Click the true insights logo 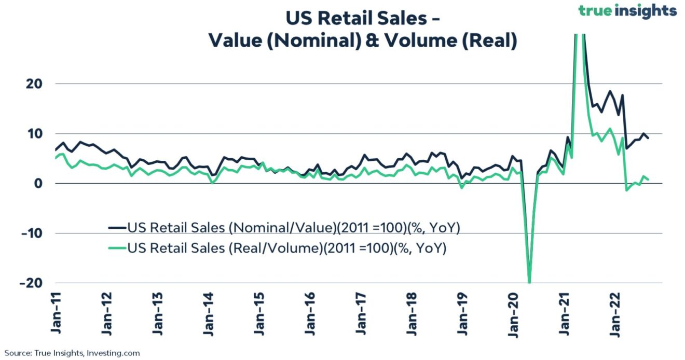(628, 11)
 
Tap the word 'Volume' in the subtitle (417, 41)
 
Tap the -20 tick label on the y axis (30, 283)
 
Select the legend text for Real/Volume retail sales (287, 248)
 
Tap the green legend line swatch (117, 248)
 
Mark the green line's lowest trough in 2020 (529, 282)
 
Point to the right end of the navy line (648, 138)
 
